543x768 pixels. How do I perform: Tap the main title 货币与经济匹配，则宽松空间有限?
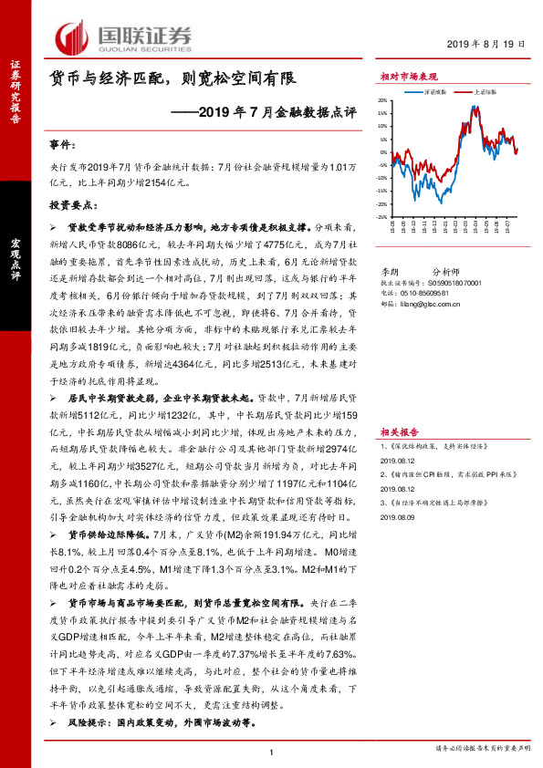pos(173,79)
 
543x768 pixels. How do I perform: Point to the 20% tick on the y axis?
pos(384,101)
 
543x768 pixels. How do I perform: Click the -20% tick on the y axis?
pos(383,204)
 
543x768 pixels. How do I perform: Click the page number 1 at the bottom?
pos(272,751)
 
